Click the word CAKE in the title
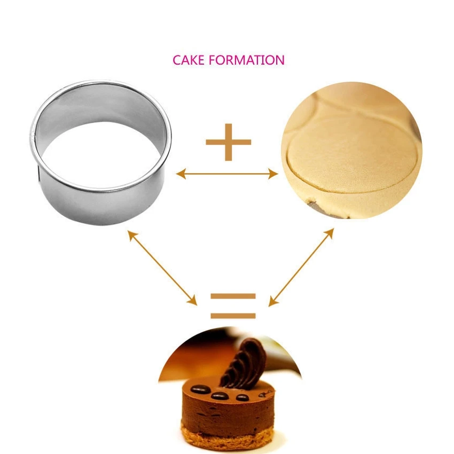[x=189, y=60]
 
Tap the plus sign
[x=229, y=142]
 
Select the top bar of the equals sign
[x=233, y=295]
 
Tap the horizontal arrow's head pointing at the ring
[x=181, y=174]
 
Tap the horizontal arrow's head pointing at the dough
[x=273, y=174]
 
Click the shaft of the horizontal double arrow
[x=227, y=174]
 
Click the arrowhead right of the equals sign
[x=272, y=302]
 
